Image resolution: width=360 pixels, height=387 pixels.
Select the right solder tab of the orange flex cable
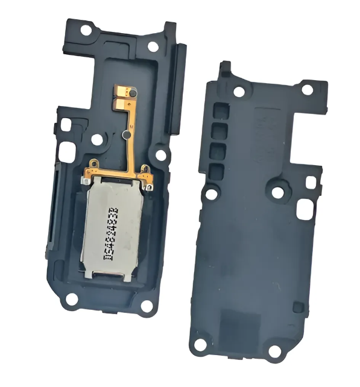[x=145, y=169]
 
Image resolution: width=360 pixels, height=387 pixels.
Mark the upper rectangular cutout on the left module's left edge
[x=66, y=125]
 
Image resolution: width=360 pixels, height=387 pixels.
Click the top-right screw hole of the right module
[x=307, y=90]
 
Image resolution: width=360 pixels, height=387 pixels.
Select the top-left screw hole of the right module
[x=239, y=92]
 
